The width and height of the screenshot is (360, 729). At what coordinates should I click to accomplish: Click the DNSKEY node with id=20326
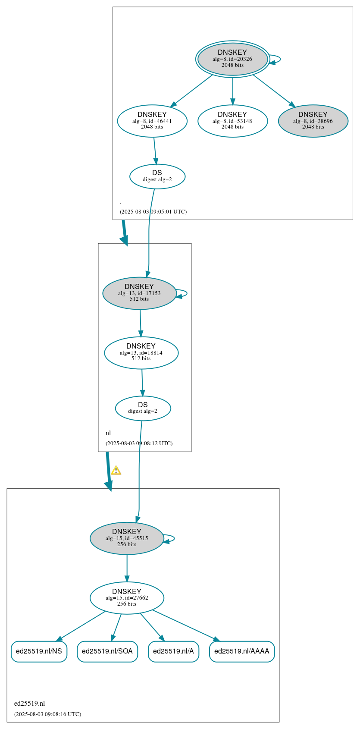[x=232, y=59]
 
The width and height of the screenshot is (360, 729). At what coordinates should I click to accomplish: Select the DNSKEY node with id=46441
[x=152, y=121]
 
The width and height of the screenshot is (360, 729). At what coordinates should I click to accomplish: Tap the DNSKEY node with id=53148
[x=232, y=121]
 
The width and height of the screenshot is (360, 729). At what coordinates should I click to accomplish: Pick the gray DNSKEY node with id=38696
[x=313, y=121]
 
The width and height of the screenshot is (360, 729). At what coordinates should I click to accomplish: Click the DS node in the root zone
[x=157, y=176]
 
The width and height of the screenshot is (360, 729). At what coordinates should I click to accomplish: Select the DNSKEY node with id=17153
[x=139, y=293]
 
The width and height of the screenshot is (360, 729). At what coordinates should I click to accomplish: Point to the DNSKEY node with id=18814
[x=141, y=353]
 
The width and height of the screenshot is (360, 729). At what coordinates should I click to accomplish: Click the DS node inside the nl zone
[x=143, y=408]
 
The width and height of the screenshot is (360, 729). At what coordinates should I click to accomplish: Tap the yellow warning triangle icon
[x=116, y=471]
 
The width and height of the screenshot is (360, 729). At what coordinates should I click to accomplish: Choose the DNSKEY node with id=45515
[x=127, y=538]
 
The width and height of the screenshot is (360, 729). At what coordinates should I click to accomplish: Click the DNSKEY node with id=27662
[x=127, y=598]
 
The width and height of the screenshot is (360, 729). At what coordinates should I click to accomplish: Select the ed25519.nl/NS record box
[x=39, y=651]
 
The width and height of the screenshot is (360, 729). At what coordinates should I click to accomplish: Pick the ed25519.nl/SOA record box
[x=107, y=651]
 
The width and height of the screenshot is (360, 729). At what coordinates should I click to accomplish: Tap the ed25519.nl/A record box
[x=173, y=651]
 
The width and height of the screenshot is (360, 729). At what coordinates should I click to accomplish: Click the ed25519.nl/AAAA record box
[x=241, y=651]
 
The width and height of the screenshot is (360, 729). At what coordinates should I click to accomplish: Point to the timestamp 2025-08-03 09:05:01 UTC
[x=153, y=212]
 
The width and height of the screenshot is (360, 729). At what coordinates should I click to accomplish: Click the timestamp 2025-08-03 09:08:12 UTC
[x=139, y=443]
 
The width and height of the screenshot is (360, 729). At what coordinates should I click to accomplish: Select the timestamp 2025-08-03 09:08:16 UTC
[x=47, y=714]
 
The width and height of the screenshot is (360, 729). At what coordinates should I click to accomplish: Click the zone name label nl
[x=108, y=433]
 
